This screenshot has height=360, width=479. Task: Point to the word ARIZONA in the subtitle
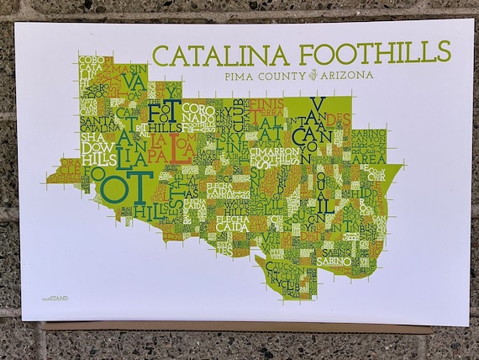pos(347,75)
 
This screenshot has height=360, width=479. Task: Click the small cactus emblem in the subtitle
pos(312,75)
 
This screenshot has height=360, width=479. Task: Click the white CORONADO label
pos(199,119)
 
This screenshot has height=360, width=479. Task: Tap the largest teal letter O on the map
pos(111,187)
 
